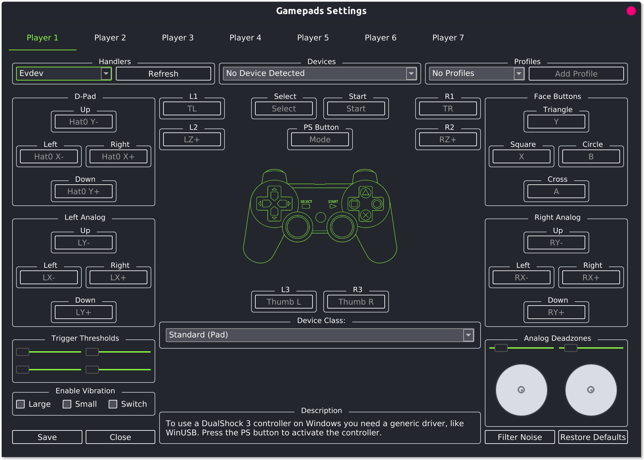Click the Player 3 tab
178,38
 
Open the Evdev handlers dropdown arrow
106,74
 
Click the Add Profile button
576,74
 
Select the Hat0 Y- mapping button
84,122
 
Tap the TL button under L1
192,109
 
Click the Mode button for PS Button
320,140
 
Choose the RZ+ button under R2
448,140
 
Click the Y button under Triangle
556,122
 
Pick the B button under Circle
591,157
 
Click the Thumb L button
284,302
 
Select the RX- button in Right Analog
522,278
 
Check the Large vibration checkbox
20,404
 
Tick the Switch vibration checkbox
113,404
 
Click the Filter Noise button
520,437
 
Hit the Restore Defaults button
593,437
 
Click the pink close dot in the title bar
631,11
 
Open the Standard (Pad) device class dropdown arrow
468,335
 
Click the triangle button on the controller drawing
366,193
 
